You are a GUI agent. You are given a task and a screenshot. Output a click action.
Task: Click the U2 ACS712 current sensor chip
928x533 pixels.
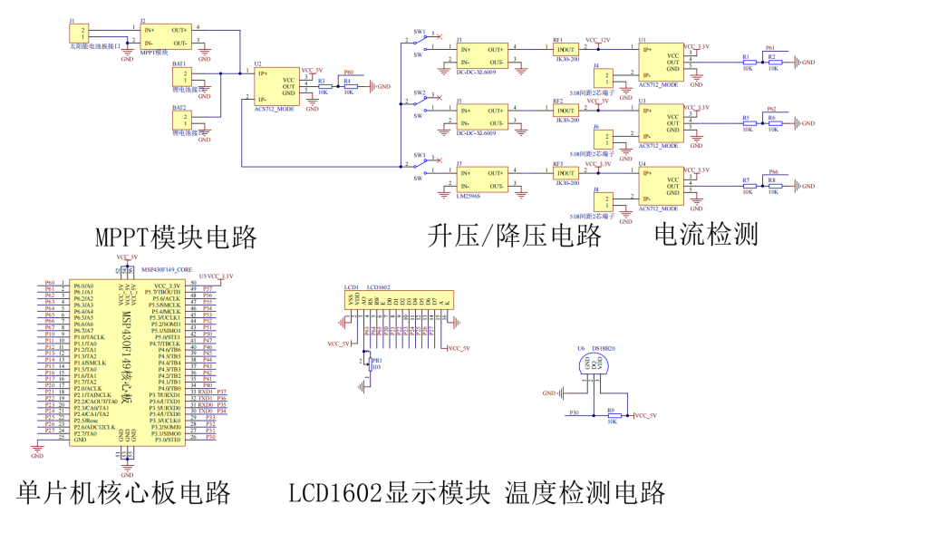click(275, 86)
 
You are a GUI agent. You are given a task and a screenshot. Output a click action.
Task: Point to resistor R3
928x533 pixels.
click(324, 86)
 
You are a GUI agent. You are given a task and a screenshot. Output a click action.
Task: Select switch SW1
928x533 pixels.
click(420, 42)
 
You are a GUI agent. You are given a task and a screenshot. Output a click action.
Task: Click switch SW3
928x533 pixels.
click(420, 166)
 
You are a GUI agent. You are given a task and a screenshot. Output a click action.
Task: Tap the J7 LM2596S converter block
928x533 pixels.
click(481, 178)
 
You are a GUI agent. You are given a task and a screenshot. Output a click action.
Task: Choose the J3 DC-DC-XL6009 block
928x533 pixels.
click(481, 54)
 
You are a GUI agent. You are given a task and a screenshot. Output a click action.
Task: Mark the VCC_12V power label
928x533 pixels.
click(598, 40)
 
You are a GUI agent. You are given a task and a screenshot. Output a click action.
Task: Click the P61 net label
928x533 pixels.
click(771, 48)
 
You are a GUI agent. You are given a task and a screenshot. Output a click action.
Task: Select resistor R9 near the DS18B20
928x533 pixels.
click(613, 415)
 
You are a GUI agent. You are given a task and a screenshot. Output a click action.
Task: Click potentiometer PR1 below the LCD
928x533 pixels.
click(366, 361)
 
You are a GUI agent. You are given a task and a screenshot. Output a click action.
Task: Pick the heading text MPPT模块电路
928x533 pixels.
click(176, 237)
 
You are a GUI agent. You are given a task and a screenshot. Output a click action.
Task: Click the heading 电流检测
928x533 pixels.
click(706, 235)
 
